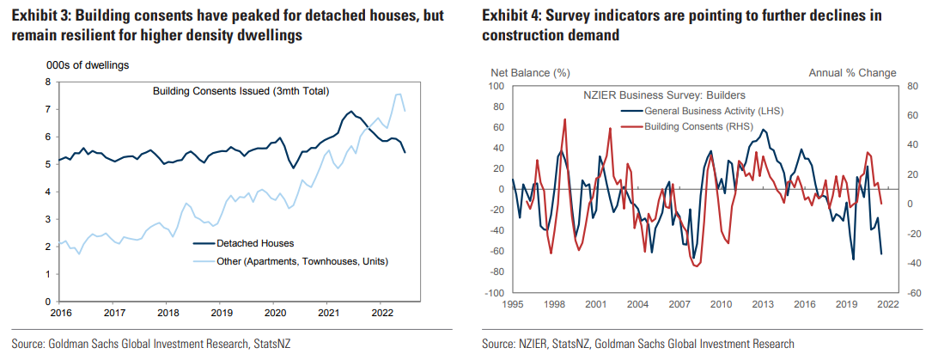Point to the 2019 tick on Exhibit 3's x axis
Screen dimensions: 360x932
(222, 314)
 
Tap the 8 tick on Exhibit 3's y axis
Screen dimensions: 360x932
(48, 82)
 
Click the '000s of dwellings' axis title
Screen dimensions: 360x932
(87, 64)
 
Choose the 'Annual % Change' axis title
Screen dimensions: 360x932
(852, 72)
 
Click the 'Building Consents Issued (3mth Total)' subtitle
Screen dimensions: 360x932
(241, 91)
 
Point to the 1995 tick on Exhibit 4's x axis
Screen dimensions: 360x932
(513, 304)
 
